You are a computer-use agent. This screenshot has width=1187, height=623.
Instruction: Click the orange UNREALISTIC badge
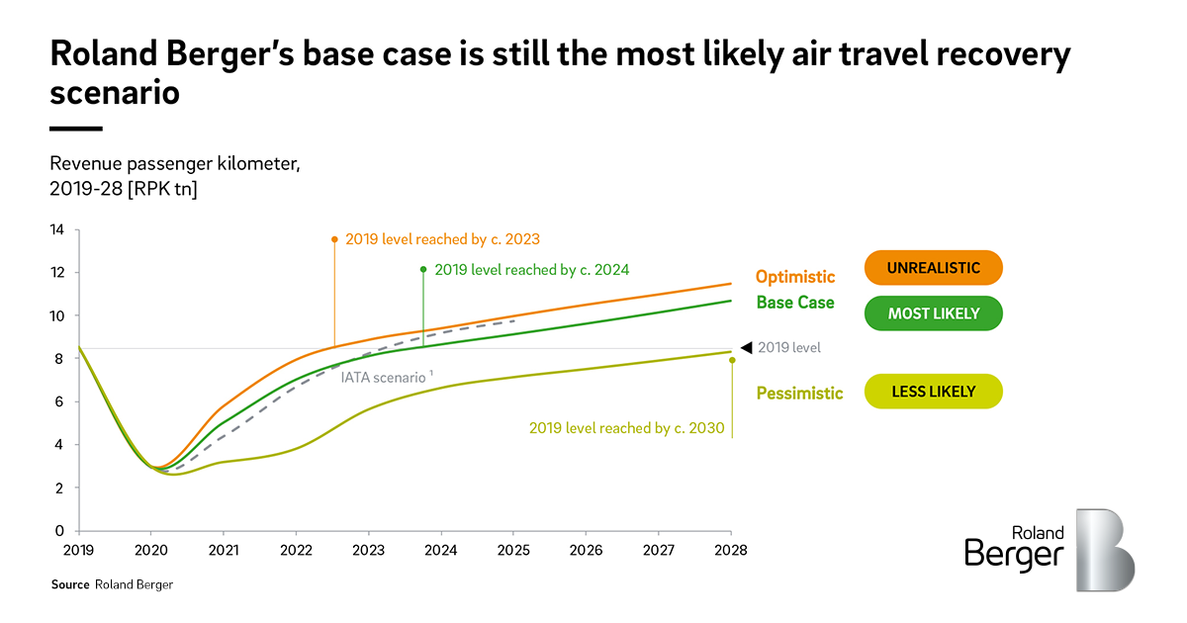pyautogui.click(x=934, y=267)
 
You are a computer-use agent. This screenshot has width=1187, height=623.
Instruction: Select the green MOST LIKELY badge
pyautogui.click(x=934, y=313)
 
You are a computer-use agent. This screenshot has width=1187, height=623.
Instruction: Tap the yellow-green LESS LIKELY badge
pyautogui.click(x=934, y=392)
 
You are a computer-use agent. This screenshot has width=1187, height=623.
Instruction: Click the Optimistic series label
pyautogui.click(x=795, y=277)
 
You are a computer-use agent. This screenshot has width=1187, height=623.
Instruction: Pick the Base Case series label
pyautogui.click(x=795, y=303)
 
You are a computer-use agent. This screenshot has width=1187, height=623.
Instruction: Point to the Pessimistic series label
pyautogui.click(x=799, y=394)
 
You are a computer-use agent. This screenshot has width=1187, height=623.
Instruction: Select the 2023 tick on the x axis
pyautogui.click(x=368, y=550)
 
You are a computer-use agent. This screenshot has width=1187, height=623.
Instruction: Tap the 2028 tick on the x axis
pyautogui.click(x=731, y=550)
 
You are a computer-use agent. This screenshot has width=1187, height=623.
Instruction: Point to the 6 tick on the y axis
pyautogui.click(x=60, y=401)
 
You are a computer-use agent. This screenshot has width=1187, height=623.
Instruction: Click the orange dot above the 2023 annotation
pyautogui.click(x=334, y=239)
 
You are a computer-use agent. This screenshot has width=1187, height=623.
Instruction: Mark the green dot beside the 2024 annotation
pyautogui.click(x=423, y=269)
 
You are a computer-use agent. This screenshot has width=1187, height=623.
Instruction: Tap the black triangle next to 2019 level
pyautogui.click(x=747, y=347)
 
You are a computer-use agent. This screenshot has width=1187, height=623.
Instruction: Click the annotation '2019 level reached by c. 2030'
pyautogui.click(x=627, y=428)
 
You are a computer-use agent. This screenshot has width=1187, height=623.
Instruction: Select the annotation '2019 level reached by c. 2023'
pyautogui.click(x=442, y=239)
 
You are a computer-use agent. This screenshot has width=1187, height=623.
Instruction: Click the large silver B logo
pyautogui.click(x=1104, y=550)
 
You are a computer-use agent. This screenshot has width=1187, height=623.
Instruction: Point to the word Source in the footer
pyautogui.click(x=70, y=584)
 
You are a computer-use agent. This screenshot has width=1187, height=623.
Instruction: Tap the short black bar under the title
pyautogui.click(x=76, y=129)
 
